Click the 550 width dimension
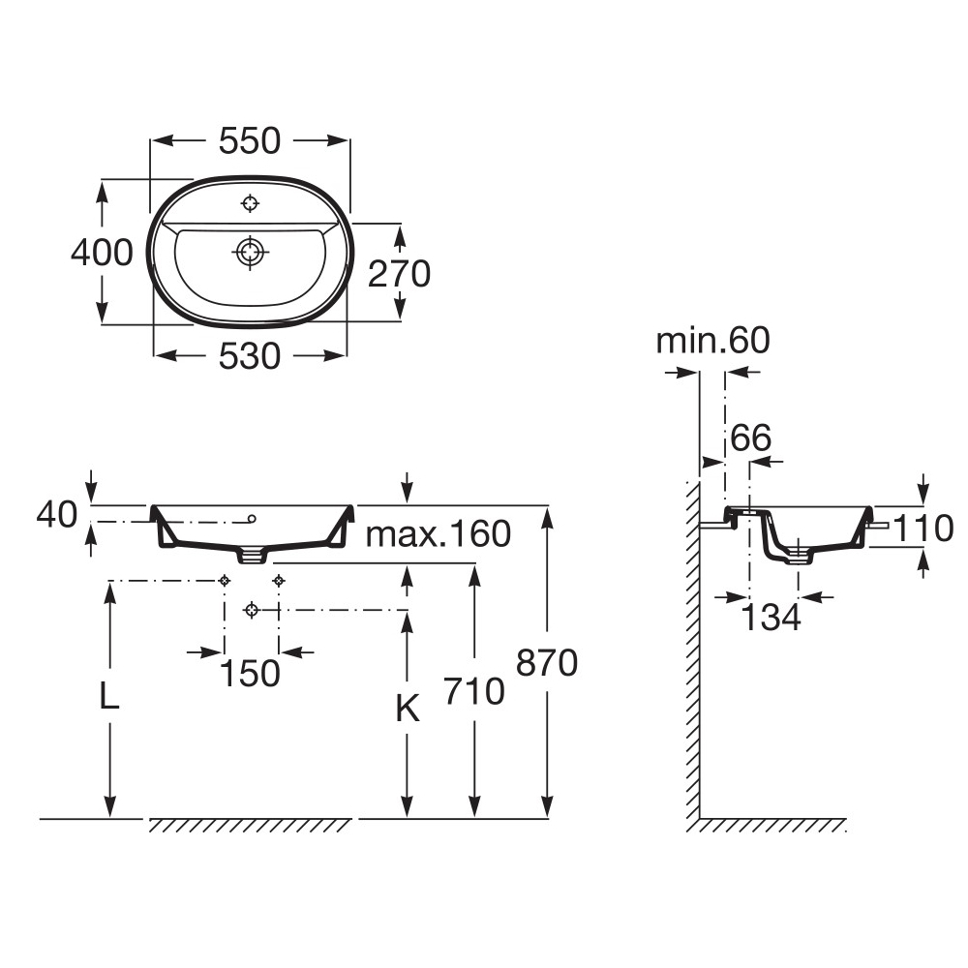(250, 141)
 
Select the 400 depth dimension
(102, 253)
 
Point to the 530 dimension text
(250, 356)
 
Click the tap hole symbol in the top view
(251, 203)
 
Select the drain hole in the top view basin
(251, 252)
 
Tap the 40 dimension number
(56, 515)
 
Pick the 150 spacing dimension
(251, 672)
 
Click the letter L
(110, 697)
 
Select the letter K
(408, 711)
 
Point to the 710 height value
(473, 691)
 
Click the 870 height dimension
(547, 663)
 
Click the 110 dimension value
(924, 528)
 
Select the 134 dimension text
(771, 617)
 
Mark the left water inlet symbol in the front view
(225, 580)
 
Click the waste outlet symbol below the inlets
(252, 610)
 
